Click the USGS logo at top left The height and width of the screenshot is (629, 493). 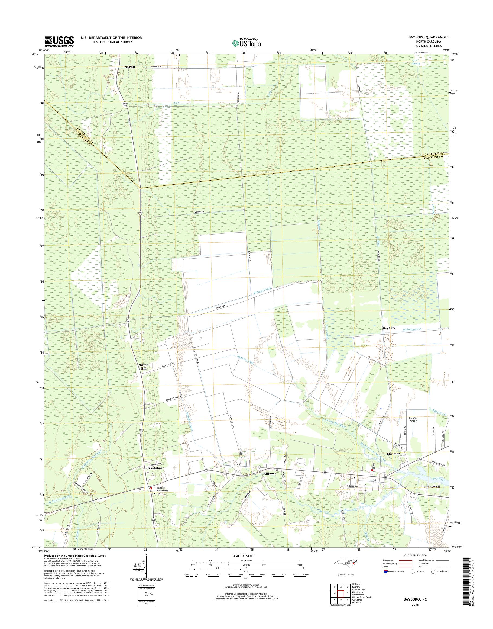[59, 41]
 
